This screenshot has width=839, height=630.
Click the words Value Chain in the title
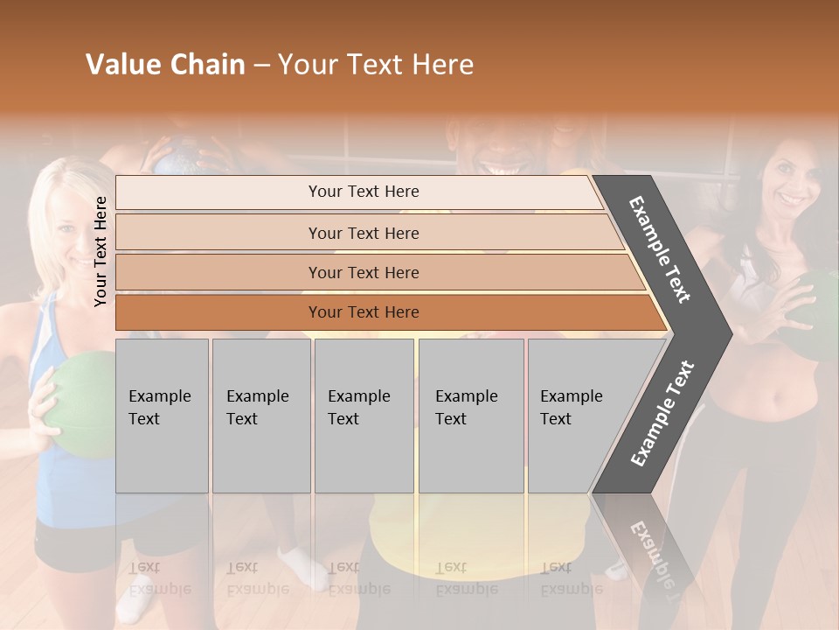(165, 65)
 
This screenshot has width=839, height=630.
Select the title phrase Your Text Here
(376, 65)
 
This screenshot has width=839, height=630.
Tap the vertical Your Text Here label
(101, 251)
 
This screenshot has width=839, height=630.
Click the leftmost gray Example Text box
(162, 416)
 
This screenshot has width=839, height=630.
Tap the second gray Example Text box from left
(260, 416)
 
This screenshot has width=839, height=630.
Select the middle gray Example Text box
(364, 416)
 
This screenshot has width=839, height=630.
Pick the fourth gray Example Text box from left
(470, 416)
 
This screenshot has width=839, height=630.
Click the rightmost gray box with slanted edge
(577, 416)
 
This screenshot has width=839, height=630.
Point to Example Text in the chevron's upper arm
(660, 249)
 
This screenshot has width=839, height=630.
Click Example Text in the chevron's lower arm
(662, 413)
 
